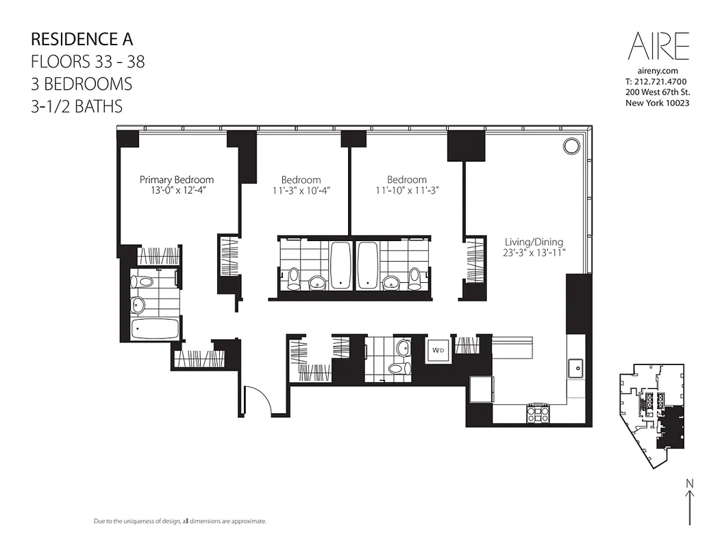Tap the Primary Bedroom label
(x=177, y=179)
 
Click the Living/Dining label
(x=534, y=242)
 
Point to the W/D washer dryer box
(x=436, y=350)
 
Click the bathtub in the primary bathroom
(x=155, y=328)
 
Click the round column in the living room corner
(x=571, y=145)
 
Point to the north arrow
(x=689, y=503)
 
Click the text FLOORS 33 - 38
(x=88, y=62)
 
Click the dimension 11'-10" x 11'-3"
(x=406, y=191)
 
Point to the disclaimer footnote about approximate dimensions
(x=179, y=521)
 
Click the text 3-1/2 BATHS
(x=77, y=106)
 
